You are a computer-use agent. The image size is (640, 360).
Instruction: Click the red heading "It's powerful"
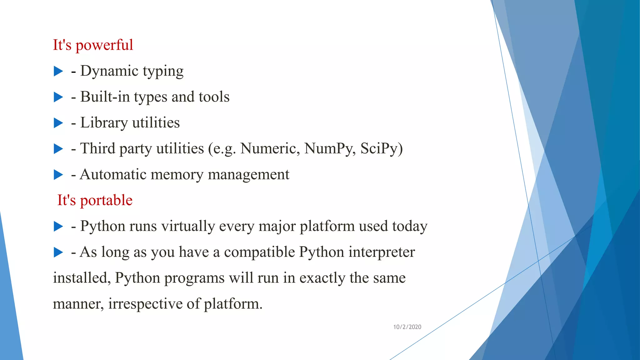[x=93, y=45]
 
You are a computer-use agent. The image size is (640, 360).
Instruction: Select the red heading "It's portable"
[x=95, y=200]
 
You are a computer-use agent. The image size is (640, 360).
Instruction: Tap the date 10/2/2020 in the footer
[x=407, y=327]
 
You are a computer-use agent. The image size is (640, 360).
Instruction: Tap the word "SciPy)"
[x=381, y=149]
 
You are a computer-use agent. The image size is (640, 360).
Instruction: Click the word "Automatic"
[x=113, y=174]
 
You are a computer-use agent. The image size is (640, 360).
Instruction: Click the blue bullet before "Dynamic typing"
[x=58, y=71]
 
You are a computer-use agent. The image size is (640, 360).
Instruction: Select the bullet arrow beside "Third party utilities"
[x=58, y=149]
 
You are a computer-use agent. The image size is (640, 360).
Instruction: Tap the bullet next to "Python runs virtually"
[x=58, y=226]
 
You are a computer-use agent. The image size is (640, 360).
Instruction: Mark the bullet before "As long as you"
[x=58, y=252]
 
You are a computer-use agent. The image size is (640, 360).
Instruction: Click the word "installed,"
[x=82, y=278]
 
